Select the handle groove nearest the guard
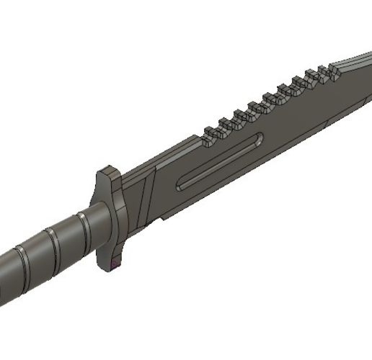(84, 224)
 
